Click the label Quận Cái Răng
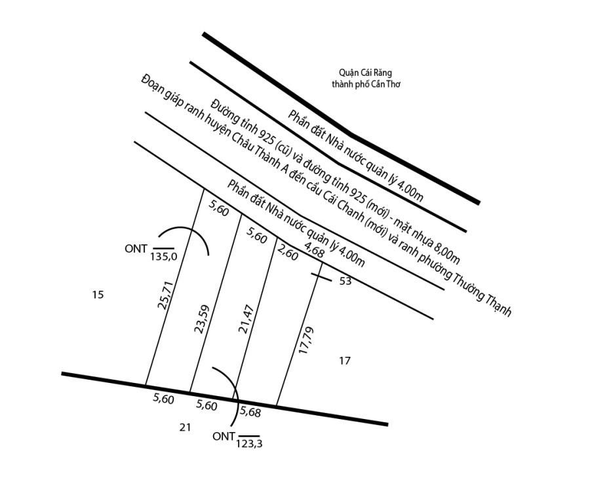[365, 73]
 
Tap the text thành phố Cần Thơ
[366, 84]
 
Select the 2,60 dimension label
[288, 253]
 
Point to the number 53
[345, 281]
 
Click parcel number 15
[98, 295]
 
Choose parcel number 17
[345, 360]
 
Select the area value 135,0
[164, 257]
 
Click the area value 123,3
[249, 444]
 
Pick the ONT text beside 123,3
[224, 437]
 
